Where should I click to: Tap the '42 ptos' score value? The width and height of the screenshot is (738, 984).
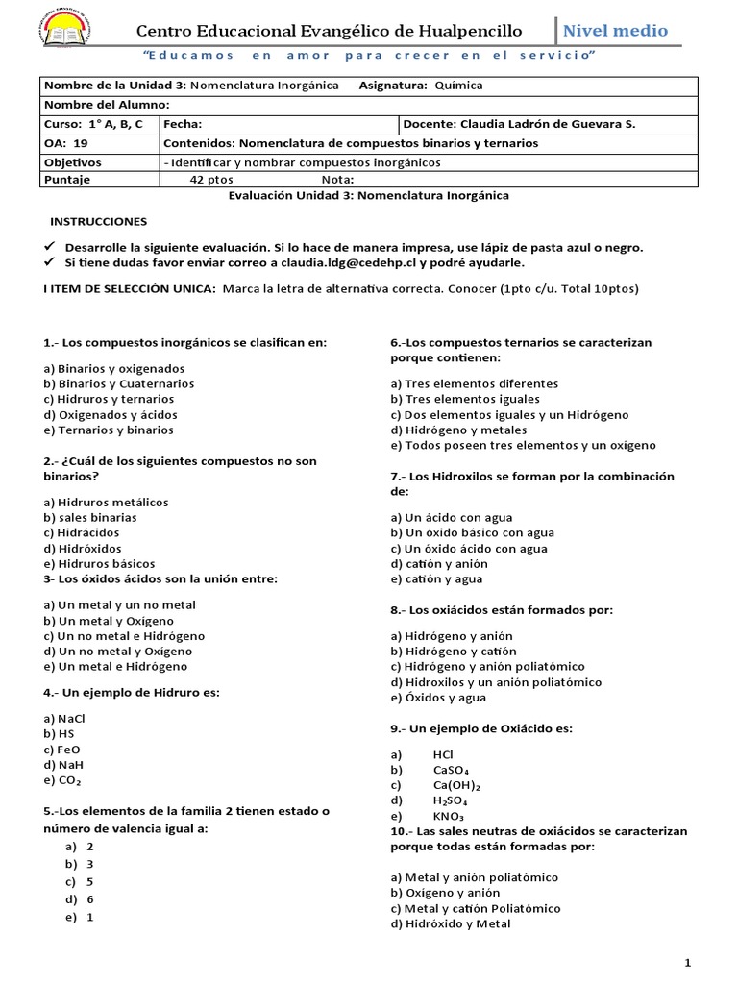click(210, 179)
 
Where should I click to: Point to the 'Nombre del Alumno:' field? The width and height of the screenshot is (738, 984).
click(107, 105)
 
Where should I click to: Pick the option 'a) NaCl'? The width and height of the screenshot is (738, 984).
click(64, 718)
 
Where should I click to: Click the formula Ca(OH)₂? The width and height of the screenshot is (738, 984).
click(456, 785)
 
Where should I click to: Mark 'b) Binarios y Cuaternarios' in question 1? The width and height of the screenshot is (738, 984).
click(119, 383)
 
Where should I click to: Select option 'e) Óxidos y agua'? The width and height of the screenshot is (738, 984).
click(445, 698)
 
